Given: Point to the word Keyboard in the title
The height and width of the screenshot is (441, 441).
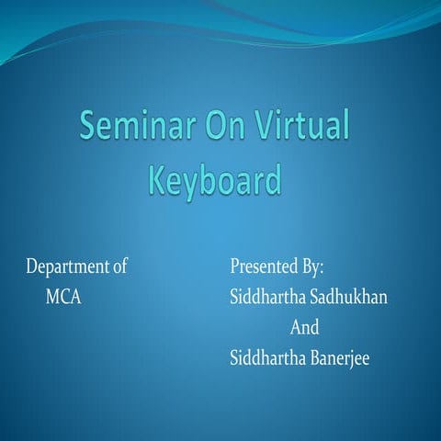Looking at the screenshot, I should (x=215, y=177).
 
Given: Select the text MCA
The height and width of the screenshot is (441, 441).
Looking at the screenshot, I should (x=64, y=298).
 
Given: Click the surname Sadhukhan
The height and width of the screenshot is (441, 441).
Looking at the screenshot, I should (x=345, y=298).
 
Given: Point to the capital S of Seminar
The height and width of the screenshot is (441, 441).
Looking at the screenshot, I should (x=89, y=127).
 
